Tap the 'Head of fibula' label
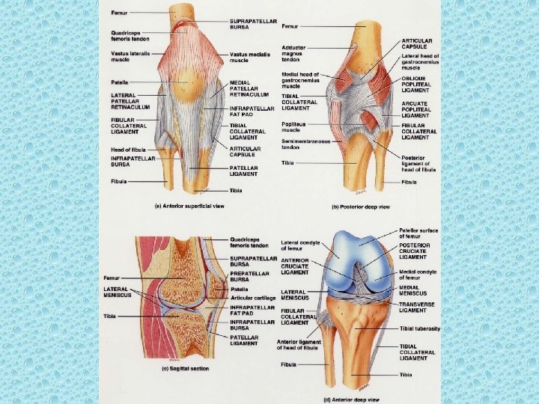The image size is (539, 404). (129, 149)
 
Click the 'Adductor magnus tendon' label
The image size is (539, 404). (293, 53)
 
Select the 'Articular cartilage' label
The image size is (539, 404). (251, 297)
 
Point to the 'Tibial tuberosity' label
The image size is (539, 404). (420, 328)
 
